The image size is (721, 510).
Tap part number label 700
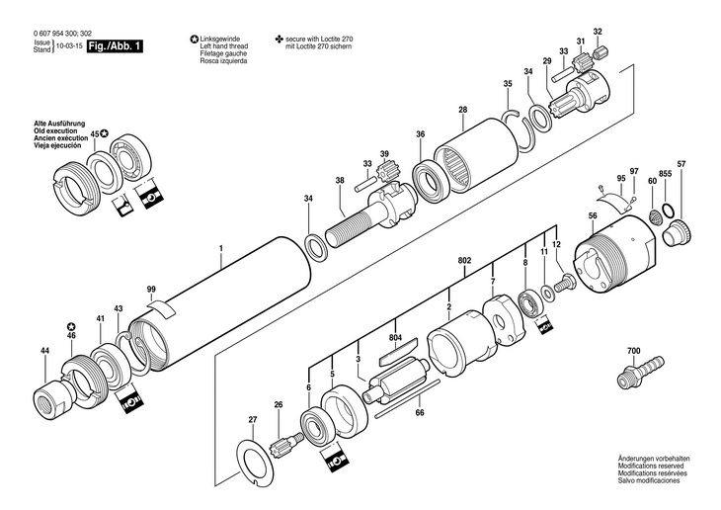(633, 352)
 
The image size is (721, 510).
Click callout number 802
(465, 261)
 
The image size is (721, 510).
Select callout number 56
(593, 216)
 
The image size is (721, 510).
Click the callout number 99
(151, 289)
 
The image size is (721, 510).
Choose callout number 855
(666, 174)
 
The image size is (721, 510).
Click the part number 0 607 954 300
(54, 35)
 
